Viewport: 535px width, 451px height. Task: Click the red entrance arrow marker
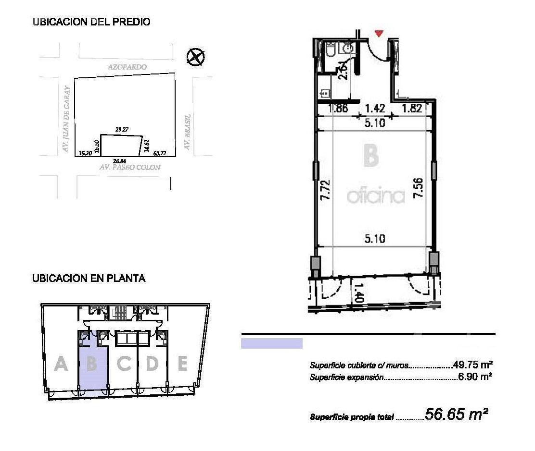(379, 33)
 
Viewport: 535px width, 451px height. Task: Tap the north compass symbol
(195, 57)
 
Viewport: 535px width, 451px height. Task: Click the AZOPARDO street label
(127, 68)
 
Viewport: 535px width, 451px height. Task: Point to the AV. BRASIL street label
(188, 132)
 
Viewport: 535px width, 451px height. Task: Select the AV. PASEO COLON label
(130, 168)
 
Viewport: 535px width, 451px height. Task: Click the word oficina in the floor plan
(375, 196)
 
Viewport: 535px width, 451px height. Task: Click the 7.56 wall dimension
(419, 188)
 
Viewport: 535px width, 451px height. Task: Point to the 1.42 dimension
(375, 109)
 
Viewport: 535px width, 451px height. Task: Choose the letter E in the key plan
(182, 364)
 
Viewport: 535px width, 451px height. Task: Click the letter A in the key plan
(61, 364)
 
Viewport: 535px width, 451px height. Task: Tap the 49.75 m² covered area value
(472, 365)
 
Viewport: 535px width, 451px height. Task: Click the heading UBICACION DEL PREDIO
(91, 22)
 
